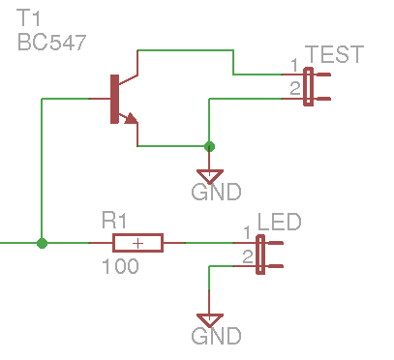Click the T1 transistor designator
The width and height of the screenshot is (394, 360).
click(28, 18)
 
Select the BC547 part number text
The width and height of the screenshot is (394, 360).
click(52, 43)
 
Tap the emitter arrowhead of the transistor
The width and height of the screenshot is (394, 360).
click(131, 118)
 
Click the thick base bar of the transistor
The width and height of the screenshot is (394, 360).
click(114, 99)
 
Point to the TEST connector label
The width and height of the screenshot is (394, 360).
click(334, 54)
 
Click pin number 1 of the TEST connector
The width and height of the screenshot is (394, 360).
click(294, 66)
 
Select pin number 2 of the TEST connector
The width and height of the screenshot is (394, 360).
click(295, 88)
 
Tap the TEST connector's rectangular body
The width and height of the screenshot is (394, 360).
click(309, 86)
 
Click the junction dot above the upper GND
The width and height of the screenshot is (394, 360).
click(209, 146)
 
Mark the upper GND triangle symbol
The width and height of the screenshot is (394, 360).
click(210, 176)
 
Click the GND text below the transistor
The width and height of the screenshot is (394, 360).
click(216, 192)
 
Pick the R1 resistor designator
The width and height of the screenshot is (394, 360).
click(114, 221)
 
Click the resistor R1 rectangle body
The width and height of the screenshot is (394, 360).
click(137, 243)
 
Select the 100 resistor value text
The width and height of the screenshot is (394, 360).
click(120, 266)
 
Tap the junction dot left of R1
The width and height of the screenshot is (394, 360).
click(42, 243)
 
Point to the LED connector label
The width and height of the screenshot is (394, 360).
click(280, 222)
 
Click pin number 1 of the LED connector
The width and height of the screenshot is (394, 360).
click(247, 232)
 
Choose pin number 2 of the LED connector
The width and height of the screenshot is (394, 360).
click(248, 257)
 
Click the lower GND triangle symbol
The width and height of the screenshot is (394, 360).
click(210, 320)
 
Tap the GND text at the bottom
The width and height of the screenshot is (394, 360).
click(216, 336)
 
